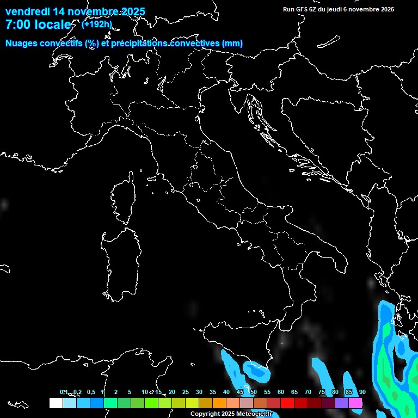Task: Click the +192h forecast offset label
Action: pyautogui.click(x=97, y=24)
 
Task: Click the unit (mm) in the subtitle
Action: pyautogui.click(x=232, y=43)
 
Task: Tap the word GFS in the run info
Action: pyautogui.click(x=302, y=9)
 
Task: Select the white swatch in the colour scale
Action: pyautogui.click(x=56, y=403)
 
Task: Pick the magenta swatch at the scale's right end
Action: pyautogui.click(x=355, y=403)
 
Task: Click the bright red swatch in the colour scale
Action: pyautogui.click(x=287, y=403)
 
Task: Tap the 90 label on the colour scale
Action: pyautogui.click(x=362, y=392)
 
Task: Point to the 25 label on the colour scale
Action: pyautogui.click(x=186, y=392)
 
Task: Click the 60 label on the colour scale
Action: pyautogui.click(x=281, y=392)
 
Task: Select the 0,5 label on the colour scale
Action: pyautogui.click(x=90, y=392)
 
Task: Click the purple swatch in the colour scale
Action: pyautogui.click(x=341, y=403)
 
